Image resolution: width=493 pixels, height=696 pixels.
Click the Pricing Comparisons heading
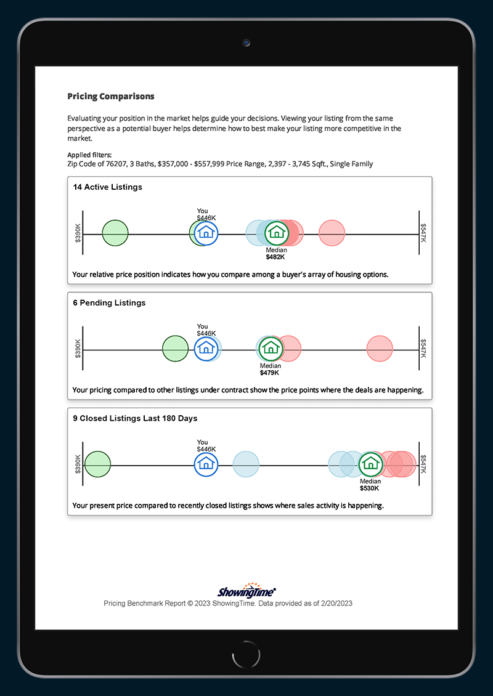click(x=111, y=97)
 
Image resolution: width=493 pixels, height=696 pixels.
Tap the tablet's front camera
click(x=246, y=43)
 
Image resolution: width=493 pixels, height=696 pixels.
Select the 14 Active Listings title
click(x=107, y=187)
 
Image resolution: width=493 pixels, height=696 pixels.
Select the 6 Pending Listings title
click(x=109, y=303)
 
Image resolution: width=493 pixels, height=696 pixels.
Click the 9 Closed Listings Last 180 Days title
click(x=135, y=418)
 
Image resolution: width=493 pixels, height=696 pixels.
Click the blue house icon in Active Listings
click(x=206, y=232)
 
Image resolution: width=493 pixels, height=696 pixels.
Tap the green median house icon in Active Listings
click(x=277, y=232)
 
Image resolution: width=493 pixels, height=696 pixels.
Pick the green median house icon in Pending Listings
click(x=269, y=348)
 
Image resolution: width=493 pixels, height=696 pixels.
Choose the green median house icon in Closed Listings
click(x=370, y=463)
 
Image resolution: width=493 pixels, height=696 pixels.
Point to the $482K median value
click(x=275, y=257)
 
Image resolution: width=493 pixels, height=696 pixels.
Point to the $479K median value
click(x=269, y=373)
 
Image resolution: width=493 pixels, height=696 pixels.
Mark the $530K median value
click(x=370, y=488)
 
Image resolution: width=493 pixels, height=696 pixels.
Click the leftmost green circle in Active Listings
click(x=115, y=233)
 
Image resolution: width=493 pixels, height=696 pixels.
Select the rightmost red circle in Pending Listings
click(x=380, y=349)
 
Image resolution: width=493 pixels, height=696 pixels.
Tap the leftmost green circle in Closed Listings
click(x=97, y=464)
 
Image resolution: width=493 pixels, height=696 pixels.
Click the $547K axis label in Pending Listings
click(x=423, y=349)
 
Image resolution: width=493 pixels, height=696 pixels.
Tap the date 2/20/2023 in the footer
click(x=333, y=604)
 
